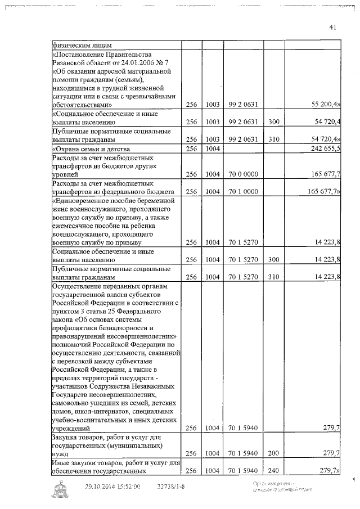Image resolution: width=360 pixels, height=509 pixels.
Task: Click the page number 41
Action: pos(333,28)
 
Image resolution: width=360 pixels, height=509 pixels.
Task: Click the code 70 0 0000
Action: pos(243,175)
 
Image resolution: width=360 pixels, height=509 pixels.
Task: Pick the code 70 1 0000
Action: pos(243,191)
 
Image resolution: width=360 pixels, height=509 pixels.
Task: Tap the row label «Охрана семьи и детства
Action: pos(91,149)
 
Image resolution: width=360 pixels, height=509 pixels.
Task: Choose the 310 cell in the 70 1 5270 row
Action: pos(273,277)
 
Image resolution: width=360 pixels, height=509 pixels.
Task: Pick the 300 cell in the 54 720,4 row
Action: pos(273,121)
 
